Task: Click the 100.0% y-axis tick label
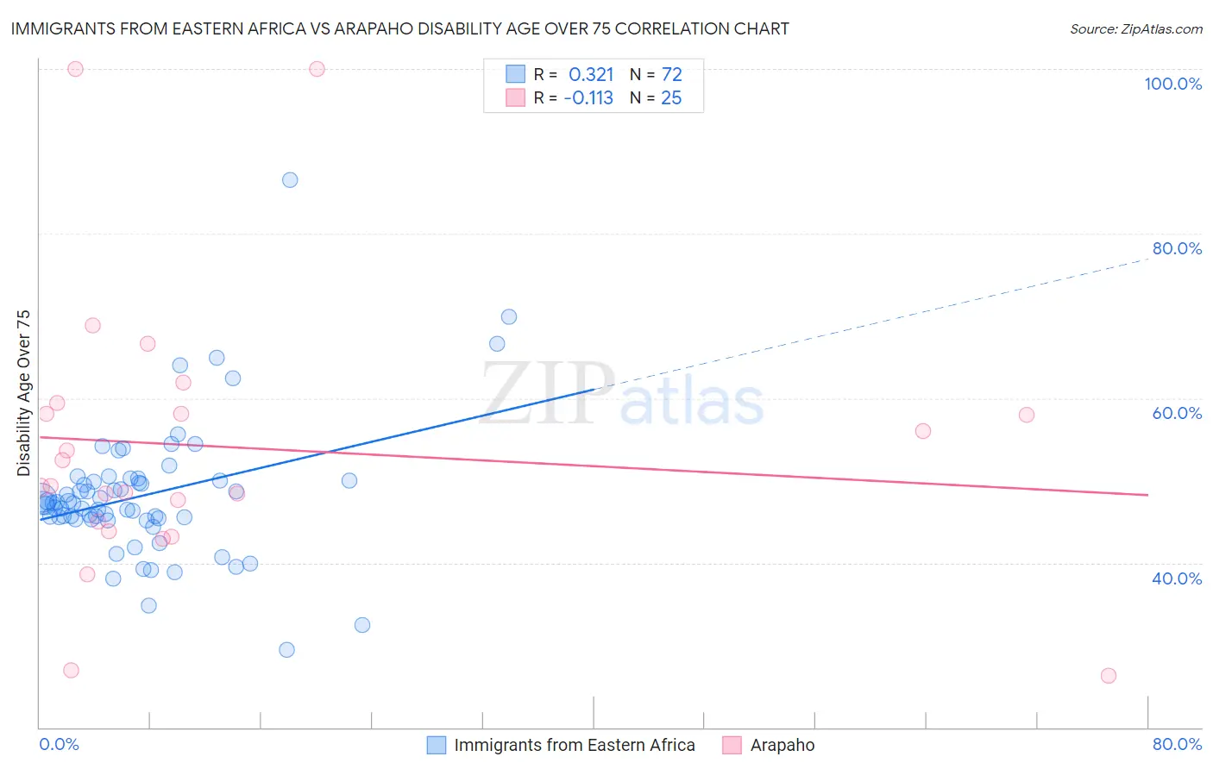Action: click(x=1172, y=84)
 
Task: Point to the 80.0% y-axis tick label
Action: click(x=1177, y=248)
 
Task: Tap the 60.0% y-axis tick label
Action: click(x=1177, y=413)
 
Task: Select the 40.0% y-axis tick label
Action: click(x=1177, y=578)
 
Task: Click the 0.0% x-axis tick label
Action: click(x=59, y=744)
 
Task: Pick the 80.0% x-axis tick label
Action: click(x=1177, y=744)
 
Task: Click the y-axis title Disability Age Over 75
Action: click(x=24, y=392)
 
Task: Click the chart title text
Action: click(x=399, y=29)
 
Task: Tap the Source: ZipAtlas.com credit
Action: click(x=1135, y=29)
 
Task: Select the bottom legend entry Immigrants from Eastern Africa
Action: click(x=574, y=745)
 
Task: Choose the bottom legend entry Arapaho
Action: click(x=782, y=745)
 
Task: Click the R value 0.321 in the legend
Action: click(x=591, y=74)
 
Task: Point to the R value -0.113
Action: click(x=588, y=98)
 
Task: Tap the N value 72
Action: click(x=671, y=74)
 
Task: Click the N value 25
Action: click(x=671, y=98)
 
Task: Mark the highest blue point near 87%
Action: click(x=290, y=180)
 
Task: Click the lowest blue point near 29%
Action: click(x=287, y=650)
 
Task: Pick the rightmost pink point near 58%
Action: click(x=1027, y=415)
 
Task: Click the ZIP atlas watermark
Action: click(x=622, y=395)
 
